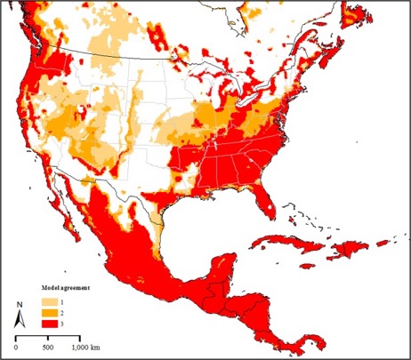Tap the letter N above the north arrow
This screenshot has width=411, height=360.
19,307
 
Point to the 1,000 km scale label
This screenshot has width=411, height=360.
87,345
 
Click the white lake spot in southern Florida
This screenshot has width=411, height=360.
266,210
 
